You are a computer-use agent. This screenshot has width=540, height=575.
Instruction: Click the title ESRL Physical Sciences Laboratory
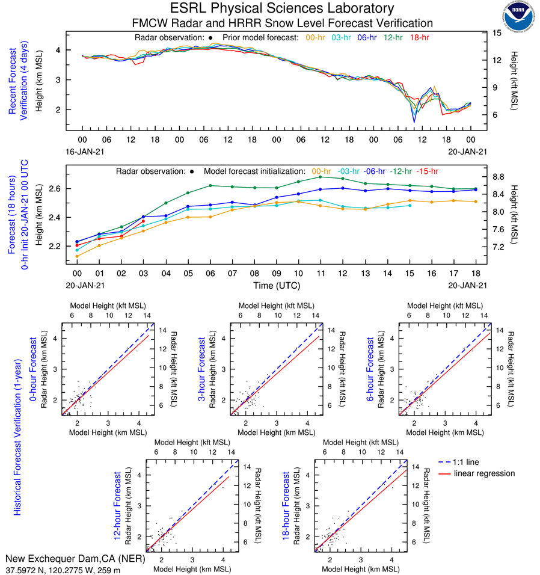tap(282, 8)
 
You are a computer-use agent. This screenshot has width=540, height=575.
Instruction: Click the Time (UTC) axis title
tap(277, 286)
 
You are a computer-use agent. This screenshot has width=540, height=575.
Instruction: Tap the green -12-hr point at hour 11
tap(320, 177)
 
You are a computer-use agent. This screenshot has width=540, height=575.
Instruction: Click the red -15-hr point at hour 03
tap(143, 221)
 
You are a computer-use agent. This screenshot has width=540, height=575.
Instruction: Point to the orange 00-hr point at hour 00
tap(77, 256)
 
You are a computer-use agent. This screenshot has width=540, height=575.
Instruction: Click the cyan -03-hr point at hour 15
tap(410, 206)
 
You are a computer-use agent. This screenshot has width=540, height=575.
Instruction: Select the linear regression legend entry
tap(485, 473)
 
